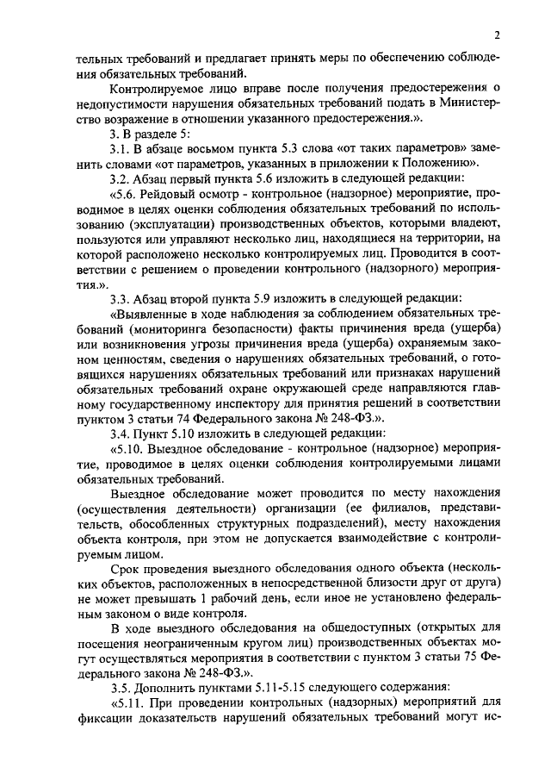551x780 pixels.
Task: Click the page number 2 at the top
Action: (x=497, y=35)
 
